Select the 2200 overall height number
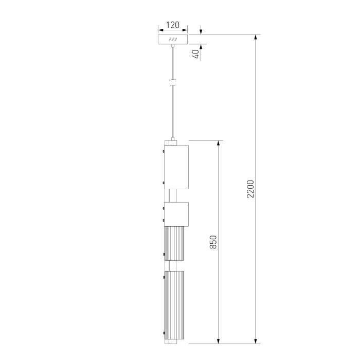pos(250,189)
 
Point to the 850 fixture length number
pos(213,242)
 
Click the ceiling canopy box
pos(173,40)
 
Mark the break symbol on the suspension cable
pos(173,82)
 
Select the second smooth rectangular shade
pos(176,214)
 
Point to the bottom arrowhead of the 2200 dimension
pos(256,340)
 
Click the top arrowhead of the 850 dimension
pos(219,143)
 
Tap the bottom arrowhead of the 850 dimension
pos(219,340)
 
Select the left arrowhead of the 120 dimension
pos(160,30)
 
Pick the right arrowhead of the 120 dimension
pos(186,30)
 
